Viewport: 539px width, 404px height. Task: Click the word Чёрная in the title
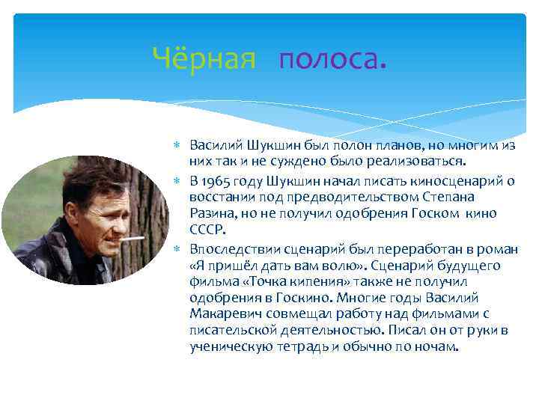pos(204,57)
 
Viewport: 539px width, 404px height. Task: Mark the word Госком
pos(424,213)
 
